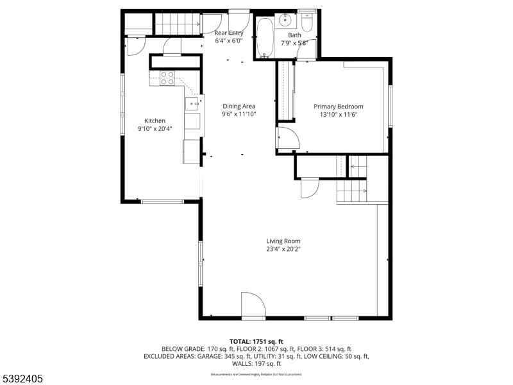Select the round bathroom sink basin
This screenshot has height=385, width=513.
click(284, 19)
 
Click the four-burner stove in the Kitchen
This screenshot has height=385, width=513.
click(167, 78)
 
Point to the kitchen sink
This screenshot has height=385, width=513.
click(192, 103)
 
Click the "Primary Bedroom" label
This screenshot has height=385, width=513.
click(338, 107)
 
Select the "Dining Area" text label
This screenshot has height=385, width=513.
click(239, 107)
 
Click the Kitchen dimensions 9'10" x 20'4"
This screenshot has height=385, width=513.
click(155, 128)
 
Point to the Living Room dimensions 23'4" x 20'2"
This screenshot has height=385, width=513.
click(283, 249)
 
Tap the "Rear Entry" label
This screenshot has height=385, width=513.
click(229, 33)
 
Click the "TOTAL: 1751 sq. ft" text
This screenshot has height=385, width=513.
click(256, 341)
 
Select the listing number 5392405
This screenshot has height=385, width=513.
click(23, 379)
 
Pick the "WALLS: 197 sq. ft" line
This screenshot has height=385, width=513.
click(256, 363)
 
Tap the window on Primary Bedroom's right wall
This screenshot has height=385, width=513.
click(390, 105)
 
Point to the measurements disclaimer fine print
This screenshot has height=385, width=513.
click(256, 374)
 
